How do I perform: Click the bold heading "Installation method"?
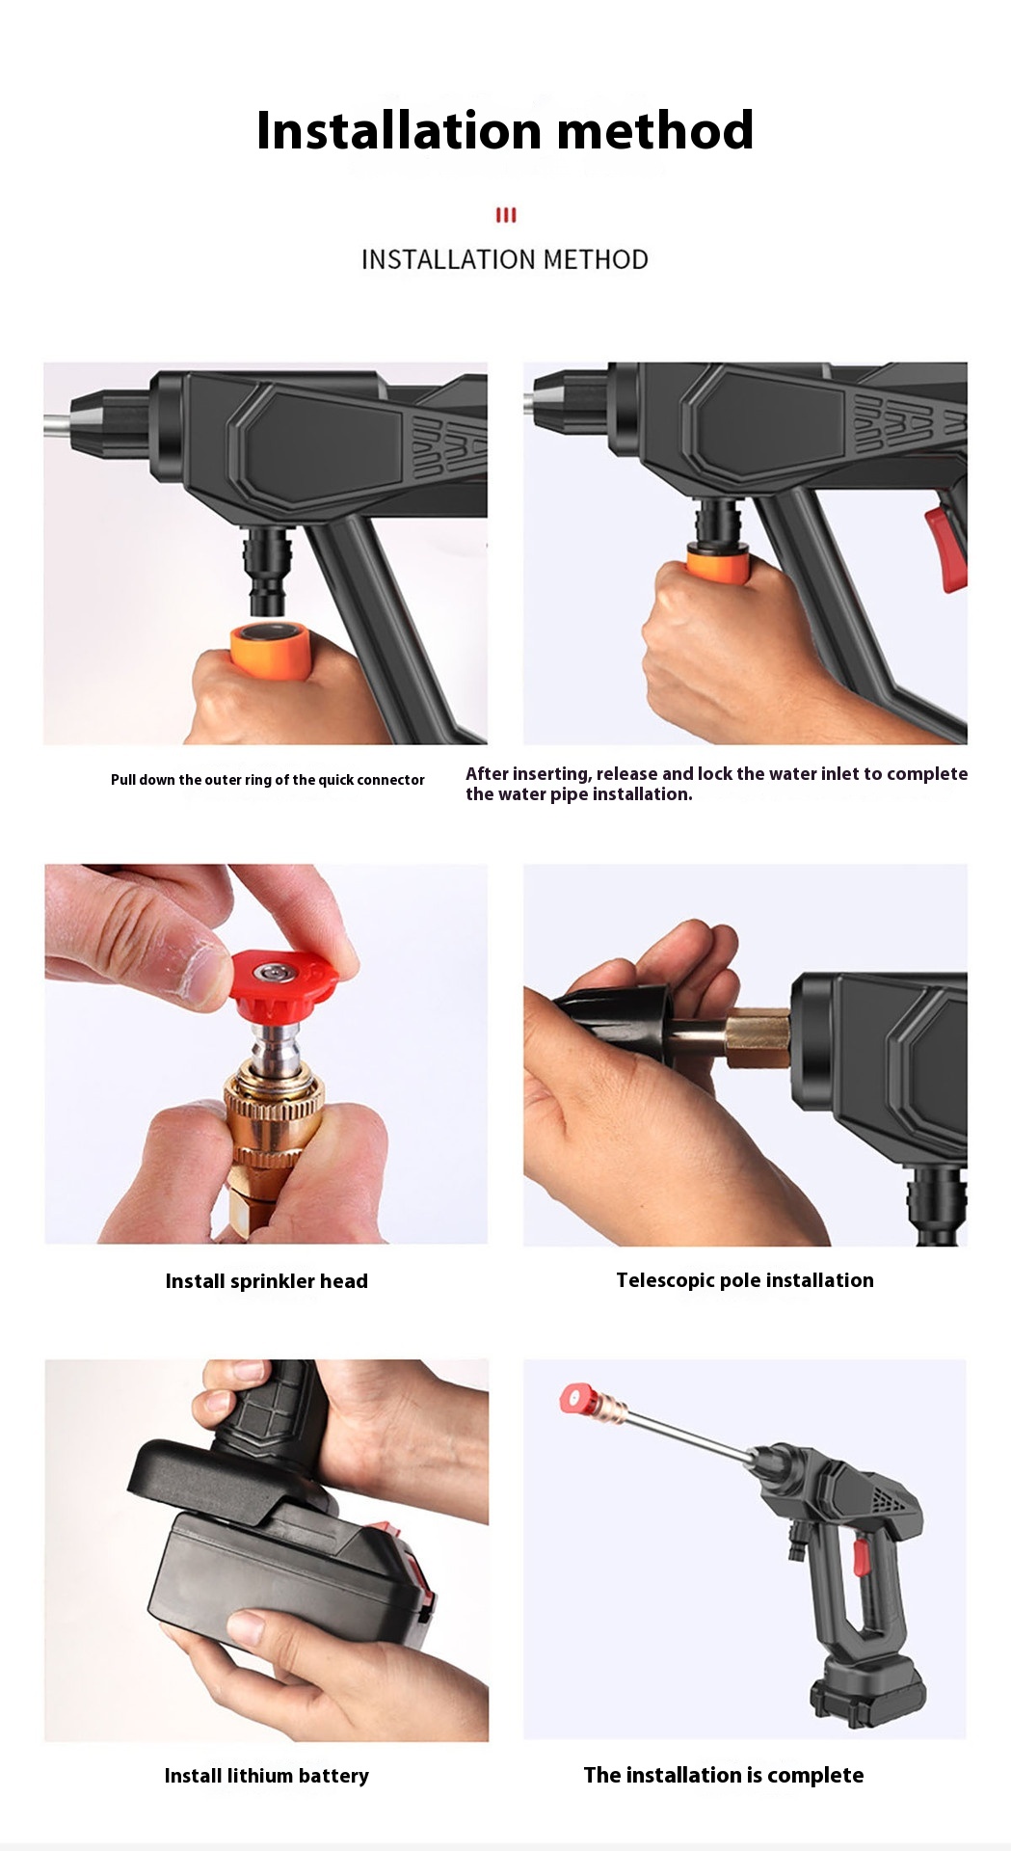tap(505, 130)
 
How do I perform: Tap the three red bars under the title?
tap(506, 215)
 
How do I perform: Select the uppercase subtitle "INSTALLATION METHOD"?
tap(505, 259)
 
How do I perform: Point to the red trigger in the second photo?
tap(946, 548)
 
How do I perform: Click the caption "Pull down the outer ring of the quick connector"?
tap(268, 780)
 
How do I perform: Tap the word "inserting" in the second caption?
tap(549, 773)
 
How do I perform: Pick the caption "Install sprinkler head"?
tap(267, 1281)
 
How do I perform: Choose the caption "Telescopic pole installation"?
tap(745, 1280)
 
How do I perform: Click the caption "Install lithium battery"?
tap(267, 1776)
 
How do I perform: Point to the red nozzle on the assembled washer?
tap(576, 1398)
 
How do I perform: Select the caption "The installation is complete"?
tap(724, 1776)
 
